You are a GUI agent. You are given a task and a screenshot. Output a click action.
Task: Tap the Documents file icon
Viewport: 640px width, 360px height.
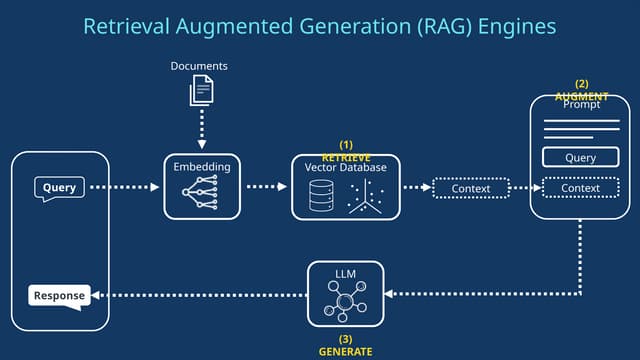[201, 92]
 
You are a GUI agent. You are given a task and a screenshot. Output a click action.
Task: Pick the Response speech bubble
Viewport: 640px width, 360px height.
[58, 295]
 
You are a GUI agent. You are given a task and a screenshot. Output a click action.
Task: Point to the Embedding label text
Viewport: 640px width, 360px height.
[201, 167]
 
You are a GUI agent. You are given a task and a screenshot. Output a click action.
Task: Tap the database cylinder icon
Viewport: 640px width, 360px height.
[321, 197]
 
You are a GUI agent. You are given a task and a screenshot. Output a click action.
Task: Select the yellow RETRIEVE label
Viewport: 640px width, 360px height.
[346, 158]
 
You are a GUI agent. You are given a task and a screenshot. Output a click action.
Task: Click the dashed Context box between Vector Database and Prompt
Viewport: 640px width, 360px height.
[471, 188]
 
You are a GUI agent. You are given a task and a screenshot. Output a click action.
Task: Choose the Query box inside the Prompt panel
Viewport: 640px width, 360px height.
[580, 157]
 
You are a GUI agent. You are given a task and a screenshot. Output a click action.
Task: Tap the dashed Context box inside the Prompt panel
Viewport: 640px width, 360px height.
[580, 187]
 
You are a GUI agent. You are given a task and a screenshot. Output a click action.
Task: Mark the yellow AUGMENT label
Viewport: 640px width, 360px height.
[581, 96]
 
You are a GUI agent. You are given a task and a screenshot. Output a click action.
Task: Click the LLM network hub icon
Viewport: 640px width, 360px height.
[345, 302]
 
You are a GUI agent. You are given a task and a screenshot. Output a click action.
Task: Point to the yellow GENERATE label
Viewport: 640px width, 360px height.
[345, 352]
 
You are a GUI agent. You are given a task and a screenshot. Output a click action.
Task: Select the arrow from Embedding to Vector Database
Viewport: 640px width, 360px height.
[265, 187]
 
